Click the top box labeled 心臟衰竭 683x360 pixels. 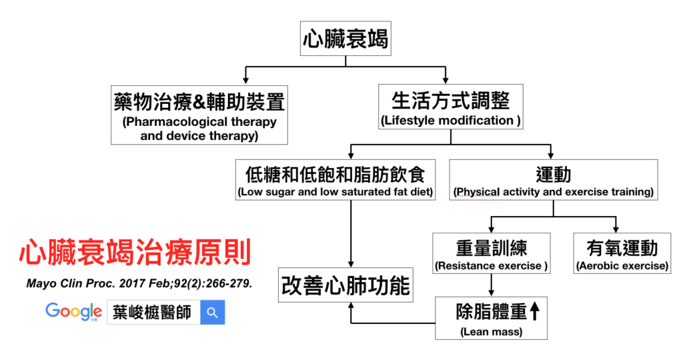pos(345,39)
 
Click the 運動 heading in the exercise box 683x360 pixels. pos(553,175)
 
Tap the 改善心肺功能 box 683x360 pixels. pos(345,286)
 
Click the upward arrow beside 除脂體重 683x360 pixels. pos(536,311)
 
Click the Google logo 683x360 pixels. pos(73,311)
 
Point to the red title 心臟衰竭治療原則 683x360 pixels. pos(135,253)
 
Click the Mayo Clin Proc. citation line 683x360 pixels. pos(139,283)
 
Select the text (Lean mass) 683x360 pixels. pos(491,331)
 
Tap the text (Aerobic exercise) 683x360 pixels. pos(622,266)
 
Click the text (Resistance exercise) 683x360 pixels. pos(492,266)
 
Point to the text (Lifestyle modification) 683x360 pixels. pos(450,121)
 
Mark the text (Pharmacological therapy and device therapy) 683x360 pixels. pos(199,129)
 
